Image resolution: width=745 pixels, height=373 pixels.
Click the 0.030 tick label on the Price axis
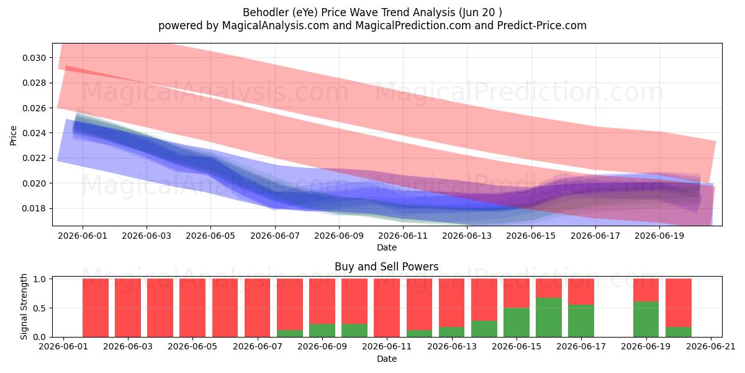pyautogui.click(x=34, y=58)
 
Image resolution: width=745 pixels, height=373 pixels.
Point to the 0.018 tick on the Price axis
pyautogui.click(x=34, y=208)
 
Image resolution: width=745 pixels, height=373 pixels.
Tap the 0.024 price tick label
pyautogui.click(x=34, y=133)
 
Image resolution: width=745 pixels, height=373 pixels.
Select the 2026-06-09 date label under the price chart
pyautogui.click(x=339, y=236)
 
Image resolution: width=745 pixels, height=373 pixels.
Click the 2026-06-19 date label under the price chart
pyautogui.click(x=659, y=236)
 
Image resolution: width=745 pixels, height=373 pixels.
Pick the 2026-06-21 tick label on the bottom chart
pyautogui.click(x=711, y=347)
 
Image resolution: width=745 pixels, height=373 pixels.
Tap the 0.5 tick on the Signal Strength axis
pyautogui.click(x=40, y=308)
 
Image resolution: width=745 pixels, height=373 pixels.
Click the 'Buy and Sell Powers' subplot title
pyautogui.click(x=386, y=267)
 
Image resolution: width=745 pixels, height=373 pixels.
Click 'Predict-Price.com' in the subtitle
pyautogui.click(x=542, y=25)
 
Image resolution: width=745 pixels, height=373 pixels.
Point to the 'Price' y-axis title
pyautogui.click(x=13, y=136)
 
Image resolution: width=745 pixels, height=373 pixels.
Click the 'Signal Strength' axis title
pyautogui.click(x=24, y=306)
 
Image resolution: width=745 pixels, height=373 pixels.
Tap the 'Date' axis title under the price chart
pyautogui.click(x=386, y=247)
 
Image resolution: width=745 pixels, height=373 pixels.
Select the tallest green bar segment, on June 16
pyautogui.click(x=549, y=318)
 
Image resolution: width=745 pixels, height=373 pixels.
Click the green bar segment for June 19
pyautogui.click(x=646, y=320)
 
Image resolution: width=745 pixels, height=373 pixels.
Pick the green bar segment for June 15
pyautogui.click(x=517, y=323)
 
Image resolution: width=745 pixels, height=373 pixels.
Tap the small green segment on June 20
pyautogui.click(x=679, y=332)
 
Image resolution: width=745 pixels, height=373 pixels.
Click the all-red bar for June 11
pyautogui.click(x=387, y=308)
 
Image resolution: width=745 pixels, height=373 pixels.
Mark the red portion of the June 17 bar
pyautogui.click(x=581, y=292)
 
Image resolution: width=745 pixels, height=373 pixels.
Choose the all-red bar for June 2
pyautogui.click(x=96, y=308)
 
